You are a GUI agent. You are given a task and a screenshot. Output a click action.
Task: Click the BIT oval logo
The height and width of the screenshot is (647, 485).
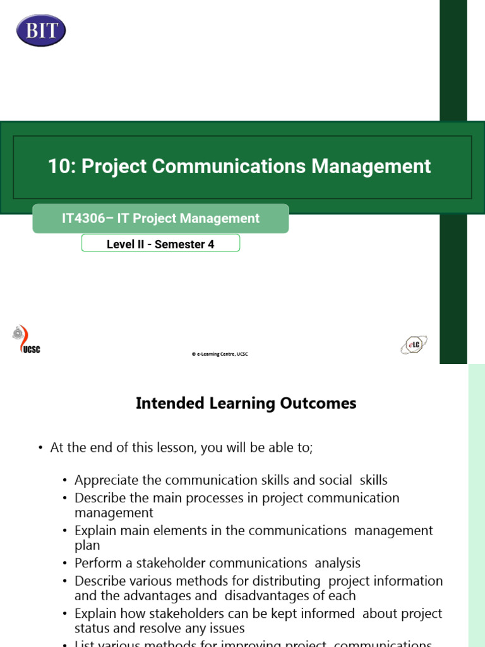pyautogui.click(x=42, y=30)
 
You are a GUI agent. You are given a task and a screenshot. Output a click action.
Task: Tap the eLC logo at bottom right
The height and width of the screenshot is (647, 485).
pyautogui.click(x=414, y=344)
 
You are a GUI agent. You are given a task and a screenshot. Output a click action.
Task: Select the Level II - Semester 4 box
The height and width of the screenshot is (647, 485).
pyautogui.click(x=160, y=244)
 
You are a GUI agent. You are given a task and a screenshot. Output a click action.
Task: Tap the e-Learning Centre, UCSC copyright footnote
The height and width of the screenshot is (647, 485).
pyautogui.click(x=220, y=354)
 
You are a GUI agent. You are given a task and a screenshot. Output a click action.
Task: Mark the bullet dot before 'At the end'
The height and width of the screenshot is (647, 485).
pyautogui.click(x=40, y=448)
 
